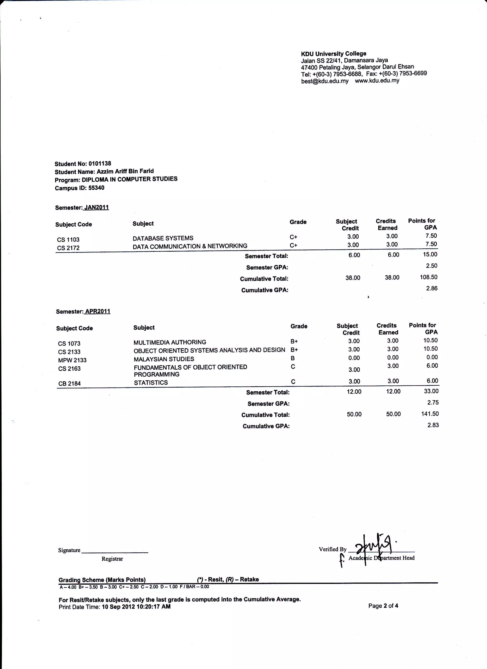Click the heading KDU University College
tap(333, 54)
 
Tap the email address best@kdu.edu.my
tap(325, 81)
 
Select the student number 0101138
tap(100, 163)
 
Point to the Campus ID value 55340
tap(96, 188)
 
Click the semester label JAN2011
tap(96, 207)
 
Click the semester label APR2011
tap(97, 311)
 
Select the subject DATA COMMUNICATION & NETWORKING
tap(190, 246)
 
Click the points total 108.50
tap(428, 277)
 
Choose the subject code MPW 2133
tap(72, 360)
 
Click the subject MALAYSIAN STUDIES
tap(164, 359)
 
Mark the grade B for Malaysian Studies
tap(292, 358)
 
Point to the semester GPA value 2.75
tap(433, 402)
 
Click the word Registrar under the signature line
tap(112, 559)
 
